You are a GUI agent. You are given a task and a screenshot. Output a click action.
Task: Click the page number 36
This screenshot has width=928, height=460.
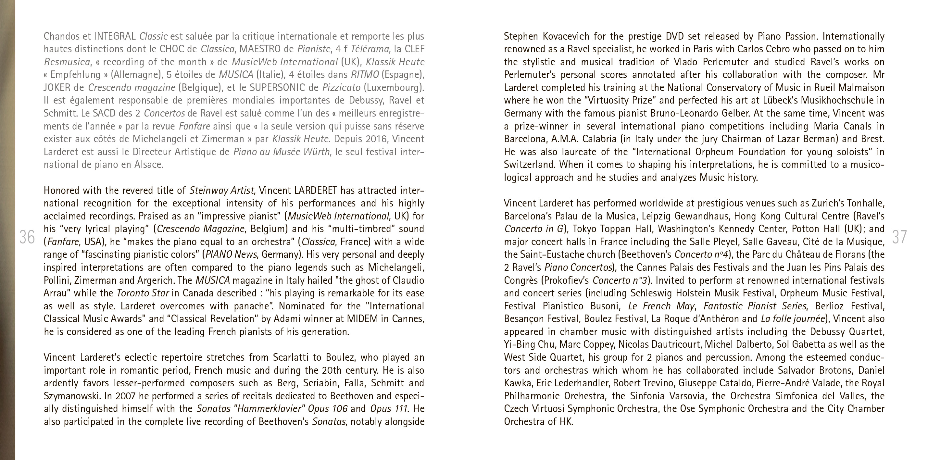tap(27, 237)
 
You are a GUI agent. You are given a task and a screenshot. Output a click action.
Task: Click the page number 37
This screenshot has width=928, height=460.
tap(899, 237)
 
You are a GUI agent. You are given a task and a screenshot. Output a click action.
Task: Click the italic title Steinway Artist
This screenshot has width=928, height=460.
tap(221, 190)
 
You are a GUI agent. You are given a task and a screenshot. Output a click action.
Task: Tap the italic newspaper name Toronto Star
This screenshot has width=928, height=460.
tap(143, 293)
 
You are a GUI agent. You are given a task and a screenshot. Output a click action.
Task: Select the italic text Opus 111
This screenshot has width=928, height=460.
tap(389, 409)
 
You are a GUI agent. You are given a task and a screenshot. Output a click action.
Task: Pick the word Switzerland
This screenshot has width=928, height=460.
tap(526, 165)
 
